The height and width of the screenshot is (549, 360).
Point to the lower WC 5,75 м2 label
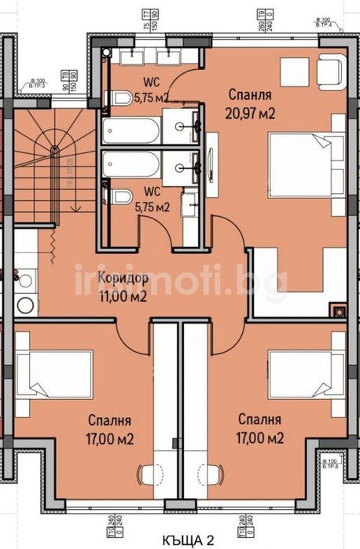click(152, 201)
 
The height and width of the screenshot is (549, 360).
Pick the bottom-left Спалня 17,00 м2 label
click(108, 428)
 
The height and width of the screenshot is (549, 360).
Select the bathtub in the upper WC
click(130, 130)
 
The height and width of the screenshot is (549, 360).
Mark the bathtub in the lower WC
click(130, 164)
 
